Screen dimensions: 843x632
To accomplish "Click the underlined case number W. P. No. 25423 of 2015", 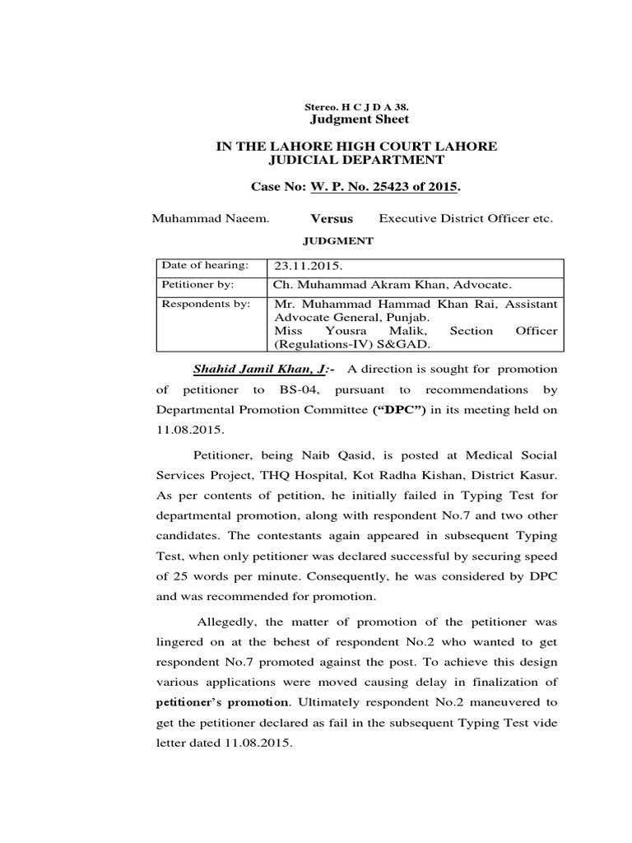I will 383,188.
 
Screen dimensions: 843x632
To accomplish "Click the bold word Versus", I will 332,219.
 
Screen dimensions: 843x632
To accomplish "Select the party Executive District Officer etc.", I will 466,219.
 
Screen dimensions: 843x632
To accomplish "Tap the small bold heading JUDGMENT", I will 339,241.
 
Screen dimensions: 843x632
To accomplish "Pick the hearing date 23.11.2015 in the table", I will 301,267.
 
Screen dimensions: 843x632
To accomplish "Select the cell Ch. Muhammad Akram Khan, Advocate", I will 393,285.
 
